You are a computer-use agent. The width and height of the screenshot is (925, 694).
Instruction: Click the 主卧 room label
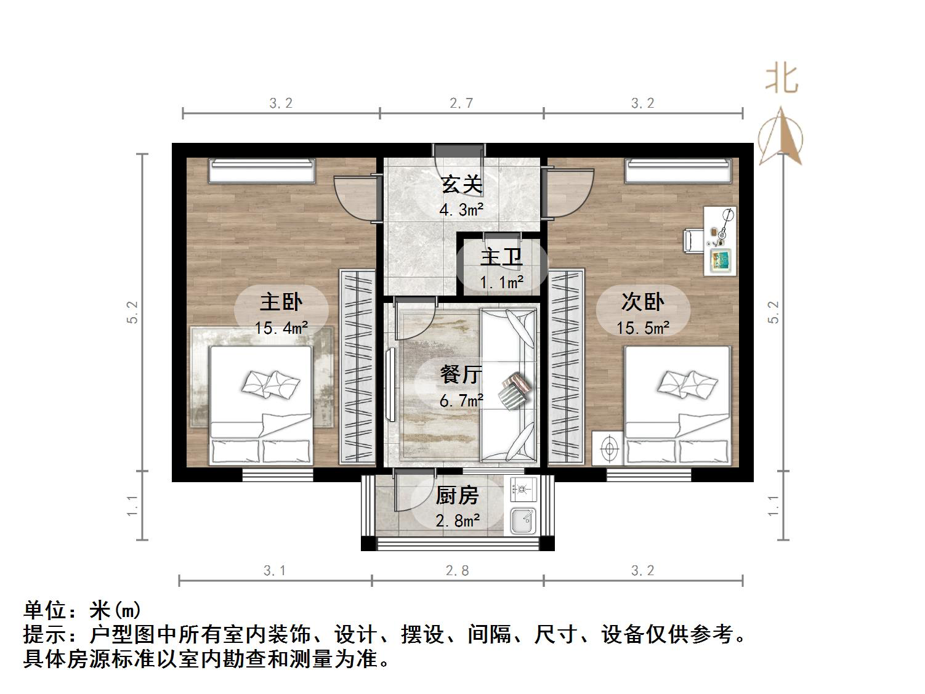coord(281,302)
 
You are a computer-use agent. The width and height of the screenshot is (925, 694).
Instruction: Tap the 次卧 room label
coord(642,302)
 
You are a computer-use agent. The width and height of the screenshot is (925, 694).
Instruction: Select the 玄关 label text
coord(461,184)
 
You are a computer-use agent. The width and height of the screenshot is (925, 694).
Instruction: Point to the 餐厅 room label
coord(461,374)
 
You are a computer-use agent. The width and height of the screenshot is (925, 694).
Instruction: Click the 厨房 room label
coord(457,496)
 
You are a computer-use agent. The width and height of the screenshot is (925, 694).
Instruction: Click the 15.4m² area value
coord(281,328)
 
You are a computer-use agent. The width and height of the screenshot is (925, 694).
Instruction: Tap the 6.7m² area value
coord(461,401)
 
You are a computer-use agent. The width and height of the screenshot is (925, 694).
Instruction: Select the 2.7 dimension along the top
coord(461,103)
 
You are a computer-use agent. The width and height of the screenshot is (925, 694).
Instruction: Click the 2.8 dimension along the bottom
coord(457,571)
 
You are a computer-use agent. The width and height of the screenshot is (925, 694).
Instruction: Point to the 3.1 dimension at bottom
coord(275,571)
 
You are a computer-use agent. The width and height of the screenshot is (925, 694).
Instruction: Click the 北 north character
coord(782,79)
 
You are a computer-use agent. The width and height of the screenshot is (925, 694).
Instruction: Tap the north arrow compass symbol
coord(780,137)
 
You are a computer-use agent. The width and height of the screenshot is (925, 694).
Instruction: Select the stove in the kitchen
coord(523,490)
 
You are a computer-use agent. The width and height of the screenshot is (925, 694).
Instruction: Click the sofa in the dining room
coord(508,385)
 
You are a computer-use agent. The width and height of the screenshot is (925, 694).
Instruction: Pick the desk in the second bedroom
coord(721,241)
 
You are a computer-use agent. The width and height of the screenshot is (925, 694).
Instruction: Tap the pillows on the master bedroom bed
coord(271,383)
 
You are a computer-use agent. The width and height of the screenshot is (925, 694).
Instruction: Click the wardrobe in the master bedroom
coord(357,367)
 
